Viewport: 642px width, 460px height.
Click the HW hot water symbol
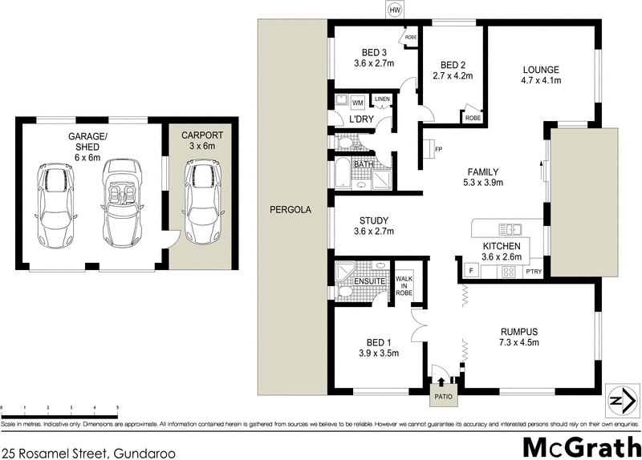pyautogui.click(x=395, y=10)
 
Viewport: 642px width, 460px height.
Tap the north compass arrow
pyautogui.click(x=617, y=399)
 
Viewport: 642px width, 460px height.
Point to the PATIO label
pyautogui.click(x=443, y=396)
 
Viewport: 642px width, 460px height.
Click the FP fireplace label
pyautogui.click(x=438, y=149)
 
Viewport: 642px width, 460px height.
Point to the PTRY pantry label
pyautogui.click(x=534, y=272)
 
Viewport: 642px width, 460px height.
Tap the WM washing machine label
pyautogui.click(x=357, y=103)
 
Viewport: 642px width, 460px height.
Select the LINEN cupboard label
pyautogui.click(x=382, y=99)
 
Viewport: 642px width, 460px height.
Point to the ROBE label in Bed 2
pyautogui.click(x=473, y=117)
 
